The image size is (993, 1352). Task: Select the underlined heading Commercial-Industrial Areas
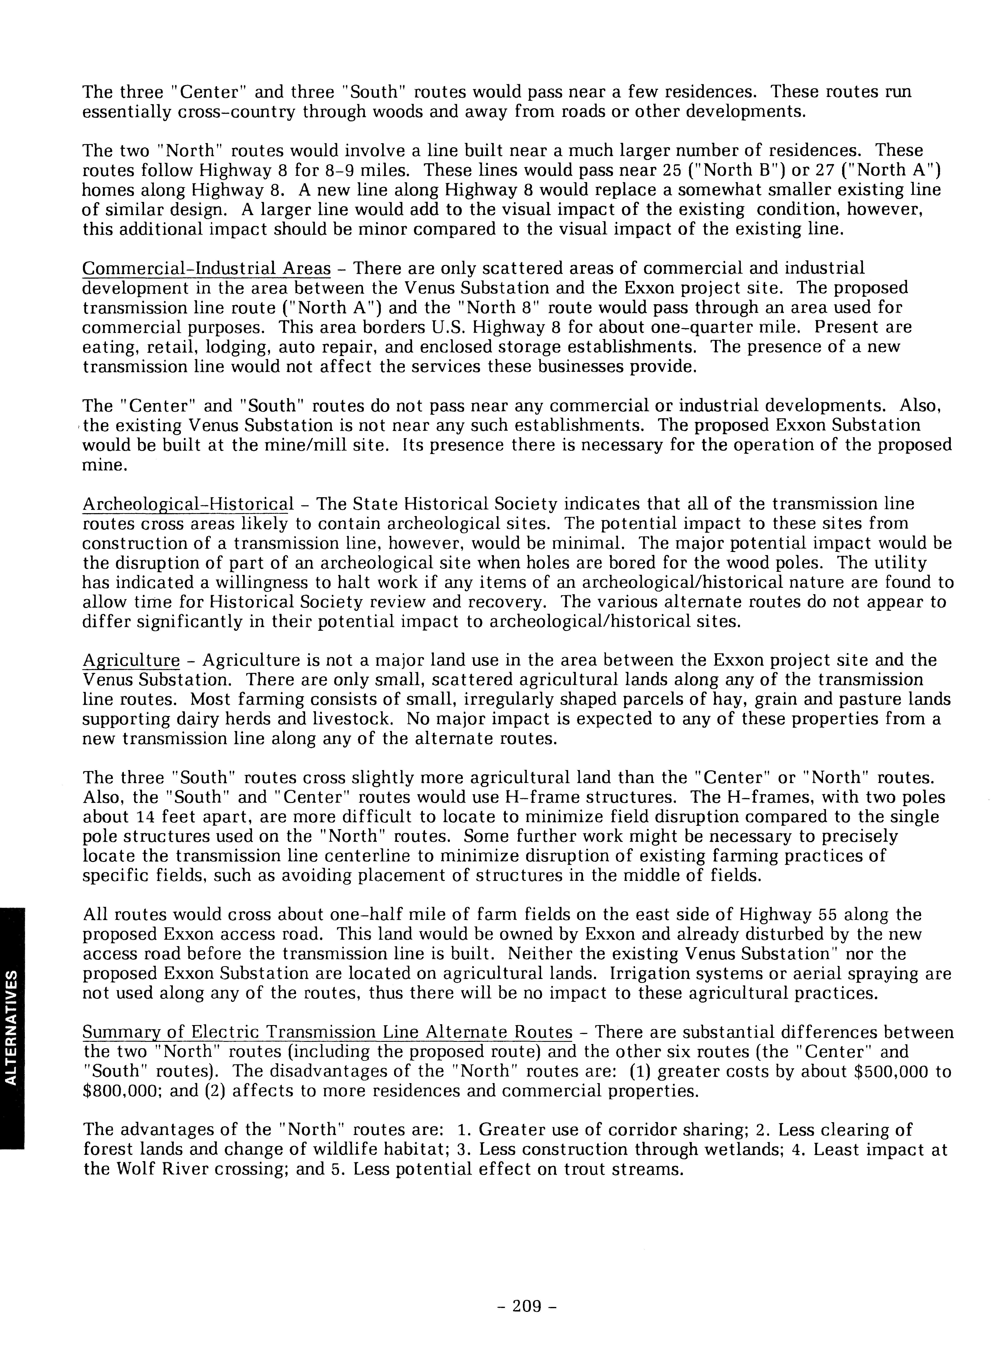[x=206, y=268]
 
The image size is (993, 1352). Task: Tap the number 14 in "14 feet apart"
[x=149, y=817]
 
